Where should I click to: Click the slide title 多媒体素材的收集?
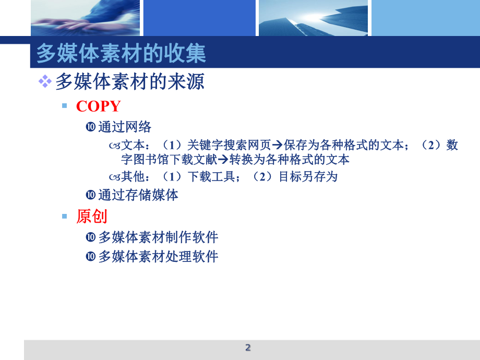click(121, 54)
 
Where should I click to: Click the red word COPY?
click(98, 106)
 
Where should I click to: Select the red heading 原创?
click(91, 216)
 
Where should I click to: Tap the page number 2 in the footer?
click(248, 348)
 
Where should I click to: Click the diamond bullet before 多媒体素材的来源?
click(45, 81)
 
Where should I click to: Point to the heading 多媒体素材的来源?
click(130, 81)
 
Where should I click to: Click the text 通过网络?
click(125, 127)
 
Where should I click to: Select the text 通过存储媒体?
click(138, 195)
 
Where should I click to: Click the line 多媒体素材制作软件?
click(158, 237)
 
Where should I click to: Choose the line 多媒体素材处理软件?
click(158, 257)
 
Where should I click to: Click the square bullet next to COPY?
click(65, 106)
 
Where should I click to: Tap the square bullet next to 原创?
click(65, 216)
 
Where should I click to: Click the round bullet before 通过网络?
click(90, 127)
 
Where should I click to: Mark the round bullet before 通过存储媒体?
click(90, 195)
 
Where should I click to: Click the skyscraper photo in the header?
click(313, 18)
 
